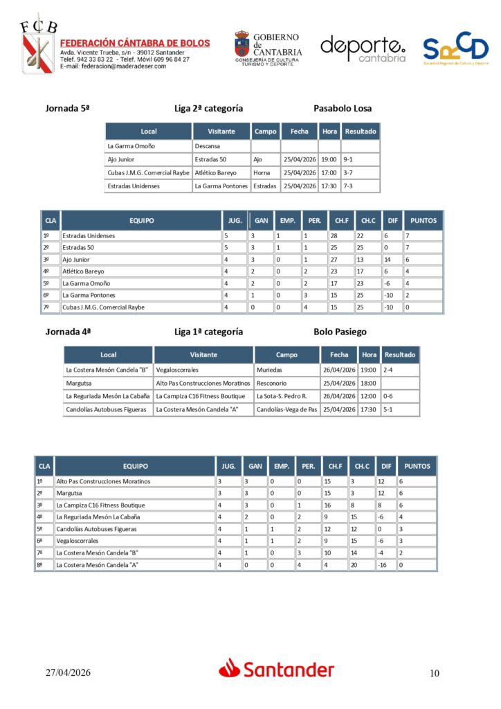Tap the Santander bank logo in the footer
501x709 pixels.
pos(277,669)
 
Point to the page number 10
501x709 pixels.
pos(434,673)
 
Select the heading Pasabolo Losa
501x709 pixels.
pos(342,109)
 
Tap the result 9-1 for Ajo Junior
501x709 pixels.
pos(348,159)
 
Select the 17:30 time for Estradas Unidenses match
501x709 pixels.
pos(329,186)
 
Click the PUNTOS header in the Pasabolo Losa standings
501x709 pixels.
pos(423,221)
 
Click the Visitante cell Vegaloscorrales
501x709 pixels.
pos(178,370)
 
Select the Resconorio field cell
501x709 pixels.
pos(271,383)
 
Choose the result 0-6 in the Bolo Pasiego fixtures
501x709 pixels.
pos(390,396)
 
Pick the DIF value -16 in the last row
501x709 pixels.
pos(384,565)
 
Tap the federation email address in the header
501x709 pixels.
pos(113,66)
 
